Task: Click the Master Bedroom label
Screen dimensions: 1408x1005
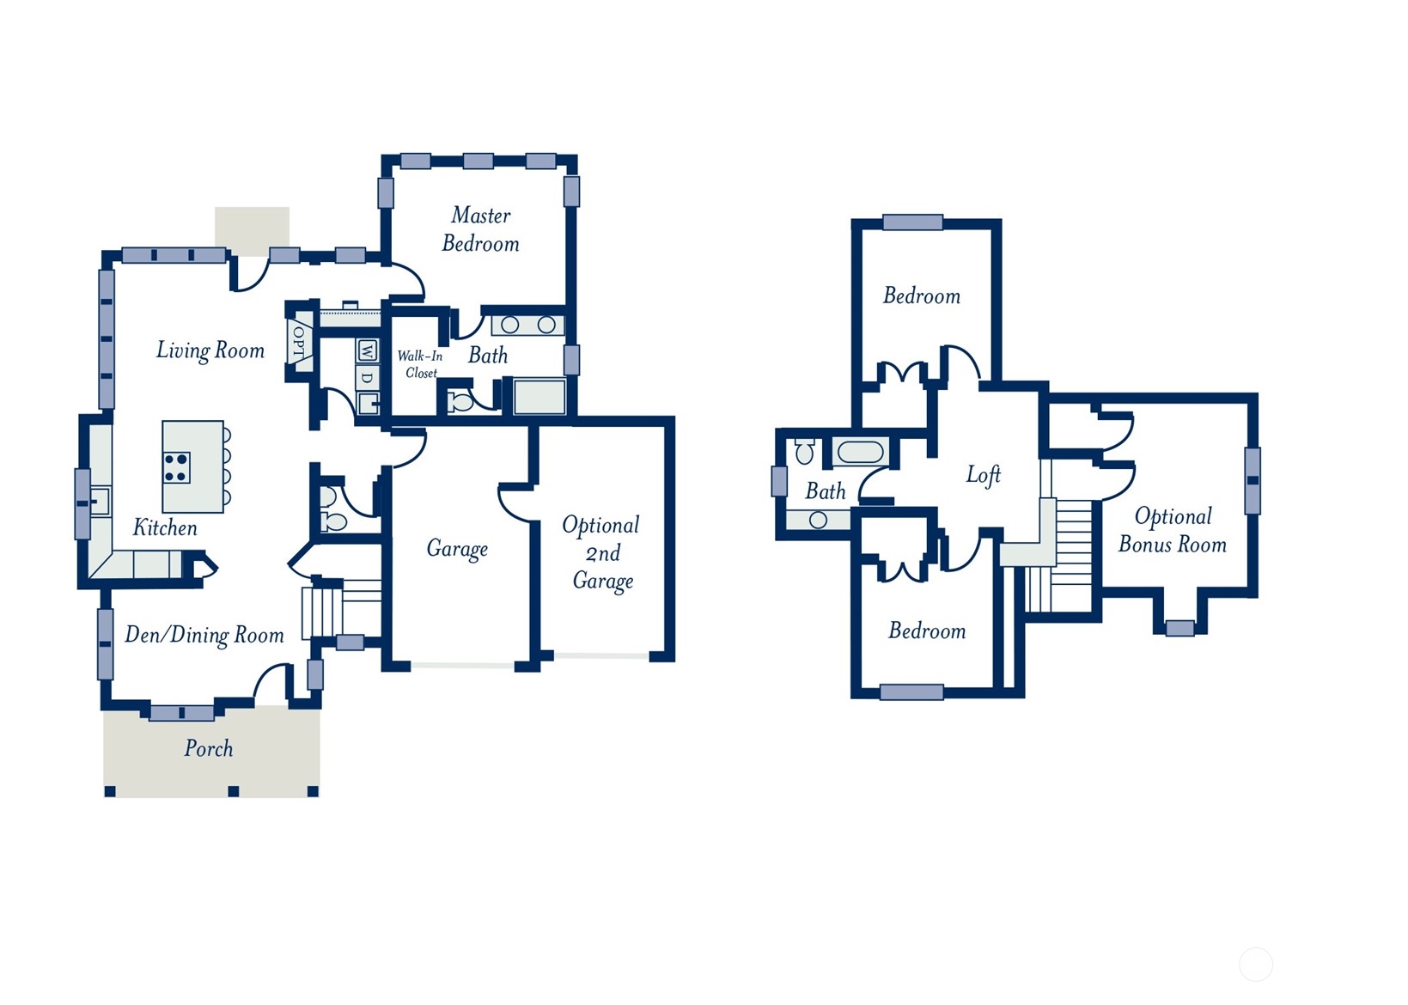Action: [x=481, y=229]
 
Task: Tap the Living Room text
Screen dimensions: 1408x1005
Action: [x=210, y=350]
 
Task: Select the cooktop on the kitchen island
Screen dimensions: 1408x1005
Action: [x=176, y=467]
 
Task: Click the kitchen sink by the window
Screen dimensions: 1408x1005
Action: [x=100, y=502]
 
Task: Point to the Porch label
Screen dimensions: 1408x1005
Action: [x=209, y=748]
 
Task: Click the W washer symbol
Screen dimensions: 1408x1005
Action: [x=367, y=350]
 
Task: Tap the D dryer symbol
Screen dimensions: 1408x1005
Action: [x=367, y=378]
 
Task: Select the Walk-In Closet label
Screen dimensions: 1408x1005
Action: [x=421, y=364]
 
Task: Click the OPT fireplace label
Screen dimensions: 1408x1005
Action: [x=300, y=341]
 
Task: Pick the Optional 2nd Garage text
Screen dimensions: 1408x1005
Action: [x=601, y=553]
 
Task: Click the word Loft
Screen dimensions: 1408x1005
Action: [x=984, y=475]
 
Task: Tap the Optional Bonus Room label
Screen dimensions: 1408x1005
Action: [x=1173, y=530]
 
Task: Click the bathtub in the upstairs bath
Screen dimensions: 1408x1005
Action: [x=861, y=452]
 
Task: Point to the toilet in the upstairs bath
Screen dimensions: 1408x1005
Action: [x=805, y=451]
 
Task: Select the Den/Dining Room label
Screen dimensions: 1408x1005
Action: [x=204, y=635]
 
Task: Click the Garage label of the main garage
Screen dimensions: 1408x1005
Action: [x=457, y=549]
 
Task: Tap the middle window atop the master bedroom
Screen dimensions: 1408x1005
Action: [x=478, y=161]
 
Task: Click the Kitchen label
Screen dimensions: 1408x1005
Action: [x=165, y=527]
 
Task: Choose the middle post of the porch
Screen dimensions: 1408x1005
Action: [x=233, y=790]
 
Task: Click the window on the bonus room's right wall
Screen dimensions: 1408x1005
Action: [x=1253, y=480]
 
